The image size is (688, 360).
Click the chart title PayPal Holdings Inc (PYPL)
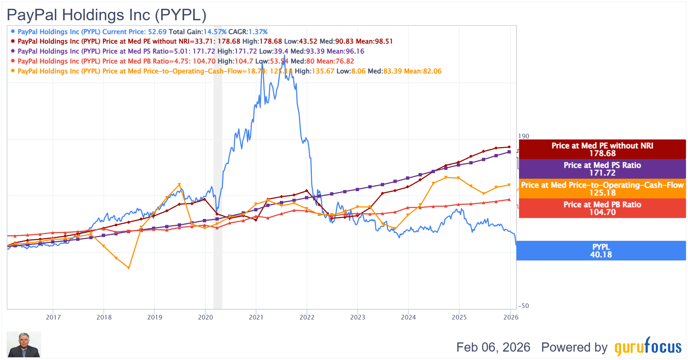click(107, 15)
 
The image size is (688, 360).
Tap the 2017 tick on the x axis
click(53, 317)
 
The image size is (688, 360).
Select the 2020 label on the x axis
click(205, 317)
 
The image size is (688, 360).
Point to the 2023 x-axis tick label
click(357, 317)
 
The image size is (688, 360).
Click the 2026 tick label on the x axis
click(511, 317)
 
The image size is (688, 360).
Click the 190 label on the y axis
click(524, 136)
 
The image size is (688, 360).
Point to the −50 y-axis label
click(524, 306)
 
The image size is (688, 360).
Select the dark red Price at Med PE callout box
click(602, 149)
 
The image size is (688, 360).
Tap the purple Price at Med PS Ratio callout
click(602, 169)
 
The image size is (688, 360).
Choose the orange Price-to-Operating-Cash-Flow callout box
click(602, 189)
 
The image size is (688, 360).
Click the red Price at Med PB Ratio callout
click(602, 208)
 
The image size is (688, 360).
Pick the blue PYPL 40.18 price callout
click(601, 251)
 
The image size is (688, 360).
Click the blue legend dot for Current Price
click(13, 31)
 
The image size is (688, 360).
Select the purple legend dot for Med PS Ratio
click(13, 51)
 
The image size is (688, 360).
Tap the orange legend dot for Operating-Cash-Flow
click(13, 71)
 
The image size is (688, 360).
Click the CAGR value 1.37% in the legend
click(258, 32)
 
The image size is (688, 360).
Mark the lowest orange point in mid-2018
click(129, 268)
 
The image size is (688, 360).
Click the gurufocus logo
click(648, 347)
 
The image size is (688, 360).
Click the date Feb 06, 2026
click(493, 347)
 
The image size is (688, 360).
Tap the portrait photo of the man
click(24, 344)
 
